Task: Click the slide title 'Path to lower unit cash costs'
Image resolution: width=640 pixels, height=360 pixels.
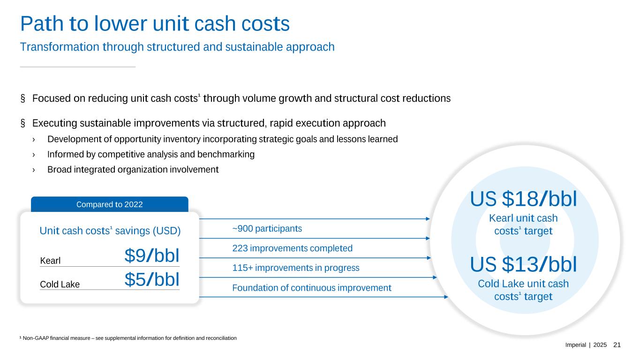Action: tap(155, 24)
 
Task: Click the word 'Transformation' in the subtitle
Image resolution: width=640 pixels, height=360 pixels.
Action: tap(60, 47)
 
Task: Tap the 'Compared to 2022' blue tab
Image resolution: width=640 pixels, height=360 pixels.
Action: tap(109, 204)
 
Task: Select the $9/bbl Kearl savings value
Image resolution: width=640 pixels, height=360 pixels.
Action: tap(152, 255)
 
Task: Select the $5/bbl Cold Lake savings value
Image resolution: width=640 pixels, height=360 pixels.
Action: tap(152, 279)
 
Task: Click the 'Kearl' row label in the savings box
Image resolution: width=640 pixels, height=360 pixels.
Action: tap(50, 261)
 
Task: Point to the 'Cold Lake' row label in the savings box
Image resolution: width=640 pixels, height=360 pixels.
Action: tap(60, 284)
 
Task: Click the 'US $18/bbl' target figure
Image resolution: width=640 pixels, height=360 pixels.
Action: tap(523, 199)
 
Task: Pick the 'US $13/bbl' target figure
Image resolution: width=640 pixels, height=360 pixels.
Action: tap(523, 264)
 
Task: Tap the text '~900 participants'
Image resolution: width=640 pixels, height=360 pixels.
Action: tap(267, 229)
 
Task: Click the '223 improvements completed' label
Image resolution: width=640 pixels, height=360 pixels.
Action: tap(292, 248)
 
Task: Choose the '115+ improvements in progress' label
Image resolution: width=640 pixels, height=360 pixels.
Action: tap(296, 268)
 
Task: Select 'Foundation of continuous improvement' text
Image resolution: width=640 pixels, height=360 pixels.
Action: tap(312, 288)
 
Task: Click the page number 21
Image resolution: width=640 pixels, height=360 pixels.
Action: tap(617, 345)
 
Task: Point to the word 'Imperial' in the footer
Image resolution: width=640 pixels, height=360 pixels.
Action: tap(575, 345)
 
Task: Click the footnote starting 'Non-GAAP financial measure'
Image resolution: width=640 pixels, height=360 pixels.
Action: tap(128, 338)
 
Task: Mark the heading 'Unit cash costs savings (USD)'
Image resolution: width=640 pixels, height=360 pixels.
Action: tap(110, 231)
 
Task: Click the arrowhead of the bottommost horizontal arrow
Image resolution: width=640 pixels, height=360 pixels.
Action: tap(446, 297)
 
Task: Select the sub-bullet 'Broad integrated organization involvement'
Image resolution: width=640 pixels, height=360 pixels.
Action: tap(133, 169)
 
